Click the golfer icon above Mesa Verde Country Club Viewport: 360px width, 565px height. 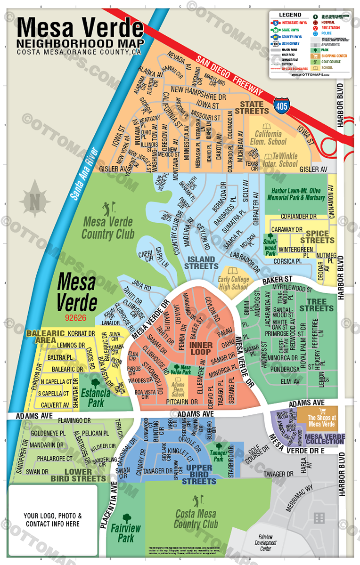click(x=108, y=207)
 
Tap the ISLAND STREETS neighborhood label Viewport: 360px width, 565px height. click(x=201, y=263)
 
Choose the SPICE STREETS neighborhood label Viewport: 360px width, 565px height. click(x=320, y=237)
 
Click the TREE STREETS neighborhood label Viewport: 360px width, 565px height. click(x=316, y=305)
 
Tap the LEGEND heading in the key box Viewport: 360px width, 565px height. click(x=290, y=15)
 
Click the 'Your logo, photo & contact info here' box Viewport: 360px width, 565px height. click(x=52, y=520)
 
